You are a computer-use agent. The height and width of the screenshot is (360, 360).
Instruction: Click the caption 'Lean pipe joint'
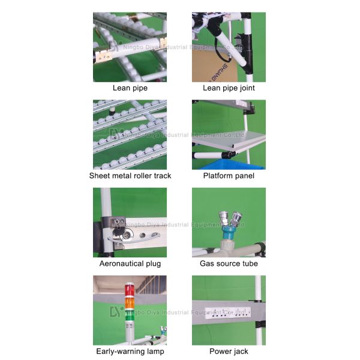(x=229, y=88)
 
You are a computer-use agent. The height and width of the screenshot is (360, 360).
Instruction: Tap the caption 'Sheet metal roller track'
(x=130, y=176)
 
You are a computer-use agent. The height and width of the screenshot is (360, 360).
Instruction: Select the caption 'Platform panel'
(x=229, y=176)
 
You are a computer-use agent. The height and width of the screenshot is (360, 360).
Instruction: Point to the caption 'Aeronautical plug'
(x=130, y=263)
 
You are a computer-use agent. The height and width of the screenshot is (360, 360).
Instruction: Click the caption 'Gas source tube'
(x=229, y=263)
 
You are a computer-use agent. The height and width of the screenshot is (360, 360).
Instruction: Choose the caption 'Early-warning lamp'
(x=130, y=351)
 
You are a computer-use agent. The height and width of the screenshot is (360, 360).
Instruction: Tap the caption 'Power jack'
(x=229, y=351)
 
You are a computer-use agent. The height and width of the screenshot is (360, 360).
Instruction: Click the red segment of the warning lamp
(x=129, y=291)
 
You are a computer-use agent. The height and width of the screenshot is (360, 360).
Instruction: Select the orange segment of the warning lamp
(x=129, y=303)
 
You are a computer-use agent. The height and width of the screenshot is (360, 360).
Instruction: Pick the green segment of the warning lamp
(x=129, y=316)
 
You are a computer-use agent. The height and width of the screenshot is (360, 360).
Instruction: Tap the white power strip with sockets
(x=227, y=313)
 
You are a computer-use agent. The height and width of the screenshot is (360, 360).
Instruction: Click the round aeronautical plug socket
(x=127, y=235)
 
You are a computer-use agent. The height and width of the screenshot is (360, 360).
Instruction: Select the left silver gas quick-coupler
(x=223, y=218)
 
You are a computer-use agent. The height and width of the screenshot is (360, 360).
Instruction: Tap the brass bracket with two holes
(x=103, y=56)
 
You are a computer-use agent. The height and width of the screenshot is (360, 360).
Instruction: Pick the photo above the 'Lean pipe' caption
(x=130, y=47)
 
